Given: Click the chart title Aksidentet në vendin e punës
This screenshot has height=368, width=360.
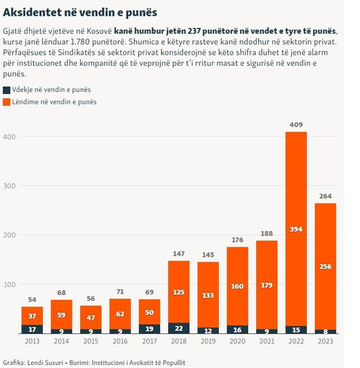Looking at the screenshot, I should [x=80, y=13].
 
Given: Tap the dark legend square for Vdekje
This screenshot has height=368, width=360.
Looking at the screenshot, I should [x=6, y=90].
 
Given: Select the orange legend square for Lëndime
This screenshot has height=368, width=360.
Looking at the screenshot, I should [x=6, y=102].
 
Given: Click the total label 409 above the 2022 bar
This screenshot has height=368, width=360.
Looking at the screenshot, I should [x=296, y=125].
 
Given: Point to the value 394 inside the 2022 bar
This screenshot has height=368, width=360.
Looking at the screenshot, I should [x=296, y=229].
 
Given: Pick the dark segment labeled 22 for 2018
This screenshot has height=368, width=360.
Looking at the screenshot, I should [x=179, y=328].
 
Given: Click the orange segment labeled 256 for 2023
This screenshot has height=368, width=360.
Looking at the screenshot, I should [x=325, y=267].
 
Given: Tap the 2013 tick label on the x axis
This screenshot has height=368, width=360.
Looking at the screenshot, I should [x=32, y=341].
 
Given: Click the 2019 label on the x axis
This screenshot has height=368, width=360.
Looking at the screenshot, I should [x=208, y=341].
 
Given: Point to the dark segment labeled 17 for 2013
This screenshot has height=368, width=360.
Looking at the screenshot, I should [x=32, y=329].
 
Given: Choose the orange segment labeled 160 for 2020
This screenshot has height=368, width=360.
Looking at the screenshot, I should [x=237, y=286].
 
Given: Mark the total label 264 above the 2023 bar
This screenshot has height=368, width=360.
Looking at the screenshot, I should [x=325, y=196].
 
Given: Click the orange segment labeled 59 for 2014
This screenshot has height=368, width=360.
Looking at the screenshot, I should [x=61, y=314].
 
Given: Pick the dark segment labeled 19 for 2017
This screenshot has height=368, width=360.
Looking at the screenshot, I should [x=150, y=329].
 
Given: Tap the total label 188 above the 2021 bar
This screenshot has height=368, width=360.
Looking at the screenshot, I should [x=267, y=234].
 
